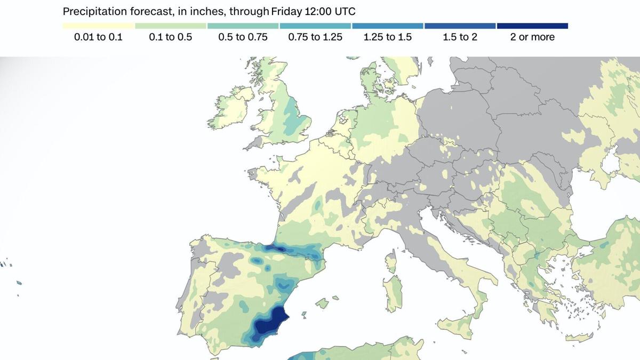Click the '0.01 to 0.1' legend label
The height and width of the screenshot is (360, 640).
point(98,37)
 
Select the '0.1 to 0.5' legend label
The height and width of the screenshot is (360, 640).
point(170,37)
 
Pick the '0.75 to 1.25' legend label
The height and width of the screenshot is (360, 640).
point(315,37)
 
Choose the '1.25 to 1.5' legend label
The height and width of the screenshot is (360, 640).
point(387,37)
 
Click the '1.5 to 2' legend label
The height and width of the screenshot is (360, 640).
point(460,37)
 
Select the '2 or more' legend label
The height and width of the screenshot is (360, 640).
point(532,37)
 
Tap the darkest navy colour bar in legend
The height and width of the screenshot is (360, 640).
point(532,26)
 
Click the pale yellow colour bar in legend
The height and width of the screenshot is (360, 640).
point(98,26)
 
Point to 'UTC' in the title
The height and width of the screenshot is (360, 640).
point(345,11)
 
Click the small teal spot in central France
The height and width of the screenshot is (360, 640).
point(318,205)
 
